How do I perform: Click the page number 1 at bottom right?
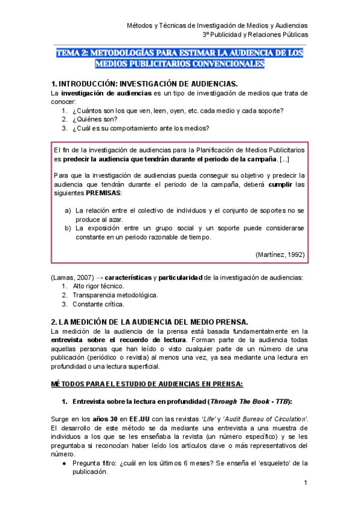(305, 483)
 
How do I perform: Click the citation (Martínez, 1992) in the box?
(280, 254)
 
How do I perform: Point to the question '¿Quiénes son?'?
(95, 119)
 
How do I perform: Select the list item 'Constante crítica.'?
(98, 304)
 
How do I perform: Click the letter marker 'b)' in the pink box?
(68, 228)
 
